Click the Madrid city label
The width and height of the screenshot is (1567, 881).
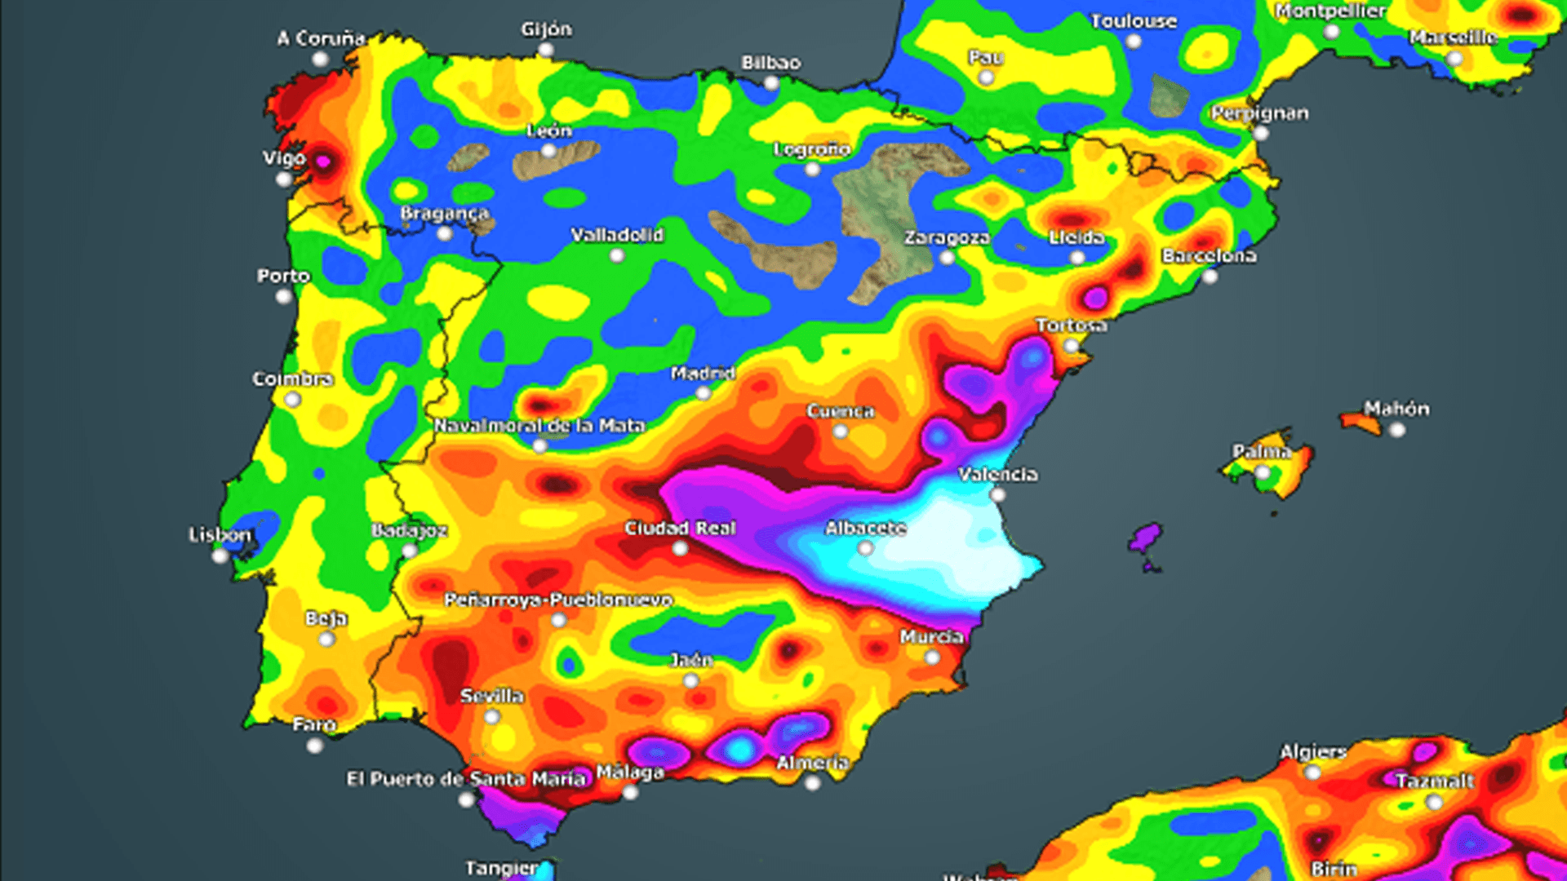(x=703, y=374)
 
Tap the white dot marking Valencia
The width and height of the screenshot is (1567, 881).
(x=997, y=494)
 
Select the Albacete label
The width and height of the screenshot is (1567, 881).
(x=865, y=529)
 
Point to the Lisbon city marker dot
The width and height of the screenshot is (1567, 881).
(x=220, y=556)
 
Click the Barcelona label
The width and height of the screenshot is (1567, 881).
(x=1209, y=256)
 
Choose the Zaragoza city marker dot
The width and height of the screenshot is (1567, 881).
(x=947, y=258)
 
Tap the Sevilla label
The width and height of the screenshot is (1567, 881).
(x=491, y=697)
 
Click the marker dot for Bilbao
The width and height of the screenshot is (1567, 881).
(x=771, y=83)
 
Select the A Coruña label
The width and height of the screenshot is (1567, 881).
(x=321, y=38)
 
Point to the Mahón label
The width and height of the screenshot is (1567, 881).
(x=1396, y=409)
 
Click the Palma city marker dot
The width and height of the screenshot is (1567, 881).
(x=1263, y=472)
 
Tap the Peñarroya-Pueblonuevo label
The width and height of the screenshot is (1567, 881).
(x=558, y=600)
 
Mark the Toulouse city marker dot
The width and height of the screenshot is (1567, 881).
(x=1134, y=42)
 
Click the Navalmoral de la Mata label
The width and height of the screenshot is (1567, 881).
(x=539, y=426)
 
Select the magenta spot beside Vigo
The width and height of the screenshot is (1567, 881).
(x=323, y=162)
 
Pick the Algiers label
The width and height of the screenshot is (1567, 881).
(x=1313, y=752)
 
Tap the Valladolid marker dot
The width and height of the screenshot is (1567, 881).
(x=618, y=255)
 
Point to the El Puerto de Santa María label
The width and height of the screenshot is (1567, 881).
(x=466, y=779)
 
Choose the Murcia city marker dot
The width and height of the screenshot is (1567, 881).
(x=932, y=657)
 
